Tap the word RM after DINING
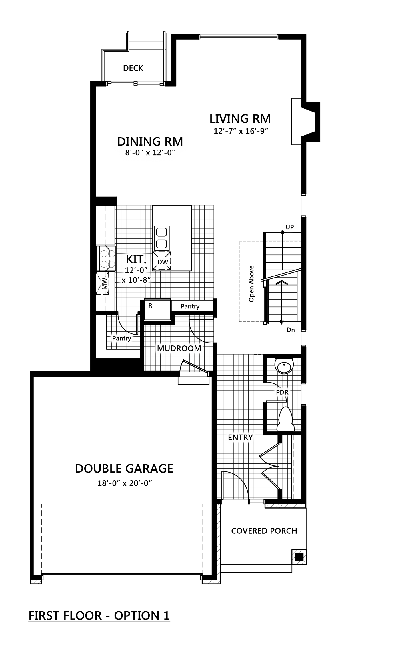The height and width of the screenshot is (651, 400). pyautogui.click(x=174, y=142)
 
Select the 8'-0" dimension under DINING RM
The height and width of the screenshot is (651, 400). pyautogui.click(x=134, y=153)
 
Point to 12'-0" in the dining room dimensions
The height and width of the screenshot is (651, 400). pyautogui.click(x=163, y=153)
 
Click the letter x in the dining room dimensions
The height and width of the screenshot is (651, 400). pyautogui.click(x=148, y=153)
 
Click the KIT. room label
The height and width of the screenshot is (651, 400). pyautogui.click(x=136, y=260)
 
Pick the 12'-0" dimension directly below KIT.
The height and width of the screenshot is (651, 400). pyautogui.click(x=136, y=270)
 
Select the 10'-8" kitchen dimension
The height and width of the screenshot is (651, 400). pyautogui.click(x=139, y=280)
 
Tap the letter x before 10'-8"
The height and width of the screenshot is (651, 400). pyautogui.click(x=124, y=280)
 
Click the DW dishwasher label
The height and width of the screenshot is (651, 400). pyautogui.click(x=163, y=262)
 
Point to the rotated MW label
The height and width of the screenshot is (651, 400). pyautogui.click(x=104, y=284)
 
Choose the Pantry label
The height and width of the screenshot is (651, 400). pyautogui.click(x=121, y=338)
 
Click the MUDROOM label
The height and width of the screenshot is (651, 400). pyautogui.click(x=179, y=348)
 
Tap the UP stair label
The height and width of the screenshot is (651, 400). pyautogui.click(x=290, y=227)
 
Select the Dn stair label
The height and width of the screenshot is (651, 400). pyautogui.click(x=291, y=330)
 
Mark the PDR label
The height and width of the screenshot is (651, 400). pyautogui.click(x=282, y=392)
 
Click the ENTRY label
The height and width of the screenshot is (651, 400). pyautogui.click(x=240, y=437)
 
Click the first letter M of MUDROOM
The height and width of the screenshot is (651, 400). pyautogui.click(x=161, y=348)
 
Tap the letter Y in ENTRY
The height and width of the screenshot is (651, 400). pyautogui.click(x=250, y=437)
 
